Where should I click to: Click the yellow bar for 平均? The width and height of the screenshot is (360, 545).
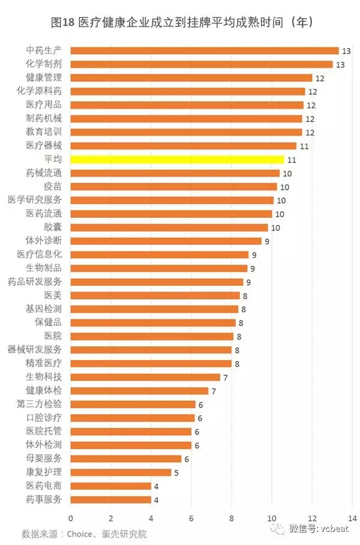click(x=177, y=159)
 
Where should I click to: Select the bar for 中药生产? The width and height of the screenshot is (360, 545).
click(x=205, y=50)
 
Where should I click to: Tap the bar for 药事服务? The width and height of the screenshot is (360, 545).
click(x=111, y=499)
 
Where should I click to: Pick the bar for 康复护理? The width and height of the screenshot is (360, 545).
click(x=121, y=472)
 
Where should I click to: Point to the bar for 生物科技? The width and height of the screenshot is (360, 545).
click(x=145, y=377)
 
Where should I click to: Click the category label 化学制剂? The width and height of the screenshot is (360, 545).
click(x=44, y=64)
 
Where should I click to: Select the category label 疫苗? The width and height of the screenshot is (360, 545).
click(x=52, y=186)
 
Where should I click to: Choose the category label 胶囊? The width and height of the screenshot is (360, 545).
click(x=52, y=227)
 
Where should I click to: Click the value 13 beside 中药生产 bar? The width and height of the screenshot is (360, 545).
click(x=346, y=50)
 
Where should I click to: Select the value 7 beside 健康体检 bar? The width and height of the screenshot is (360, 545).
click(x=214, y=391)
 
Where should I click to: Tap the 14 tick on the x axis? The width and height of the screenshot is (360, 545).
click(x=352, y=517)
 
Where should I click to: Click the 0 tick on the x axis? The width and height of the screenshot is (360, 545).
click(x=71, y=517)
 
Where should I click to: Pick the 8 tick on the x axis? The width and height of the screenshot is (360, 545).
click(x=232, y=517)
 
